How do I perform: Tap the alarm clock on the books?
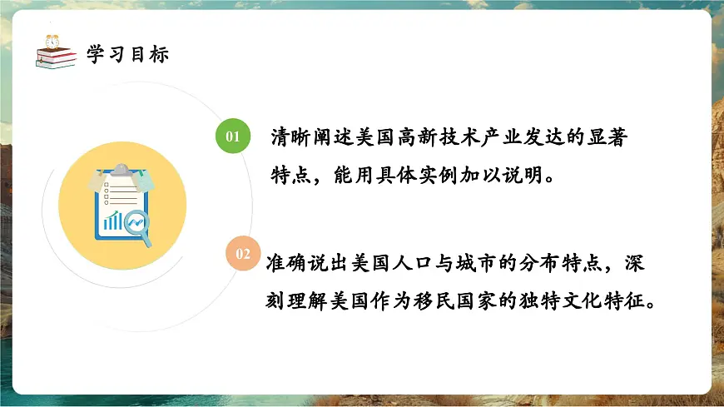point(53,41)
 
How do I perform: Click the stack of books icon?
point(55,58)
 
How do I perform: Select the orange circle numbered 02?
point(243,254)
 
